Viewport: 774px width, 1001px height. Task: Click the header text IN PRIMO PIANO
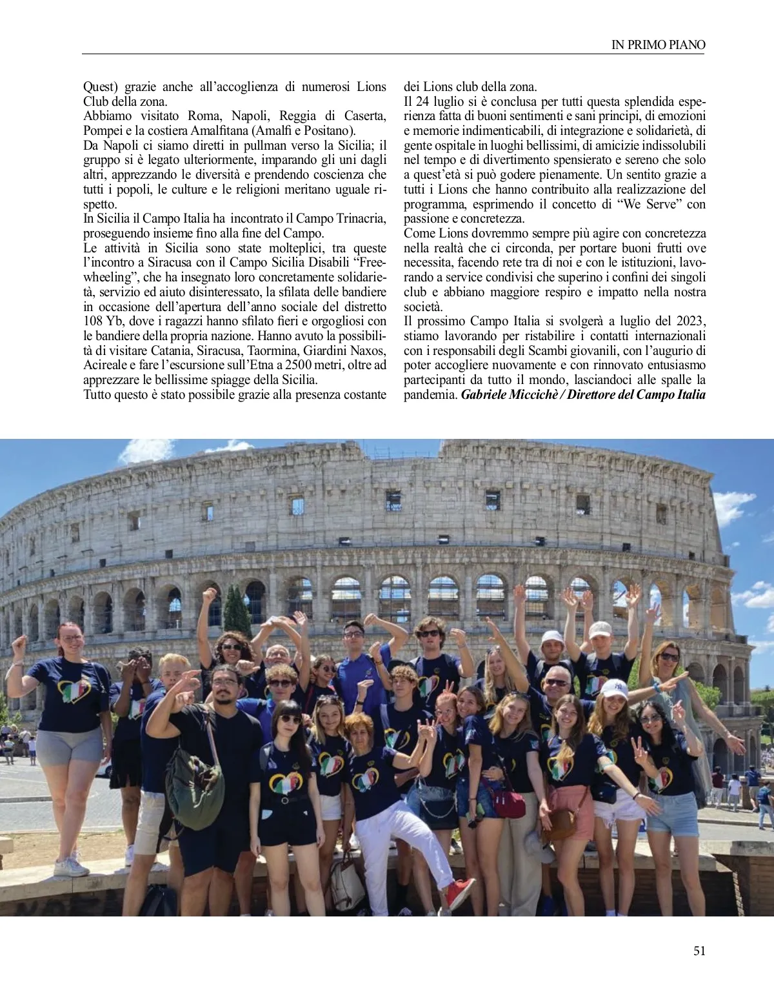[x=658, y=45]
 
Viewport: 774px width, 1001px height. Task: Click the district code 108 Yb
[x=101, y=321]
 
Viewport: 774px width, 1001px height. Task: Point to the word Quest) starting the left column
[x=101, y=86]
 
